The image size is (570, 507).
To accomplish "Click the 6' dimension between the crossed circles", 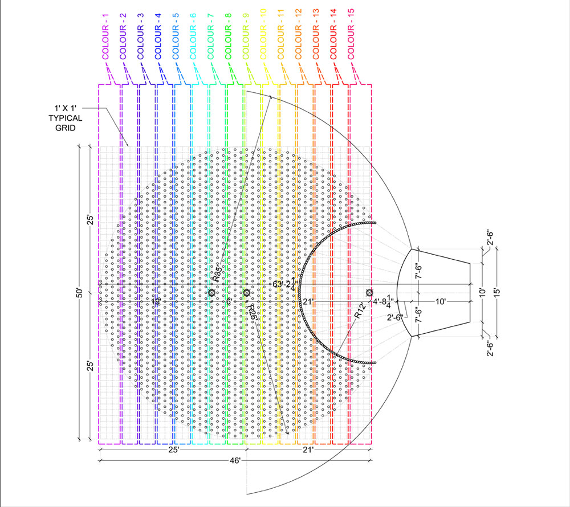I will (228, 301).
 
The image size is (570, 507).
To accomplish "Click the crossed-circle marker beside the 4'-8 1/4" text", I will (369, 293).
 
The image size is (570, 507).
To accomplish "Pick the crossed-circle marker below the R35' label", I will (211, 293).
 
